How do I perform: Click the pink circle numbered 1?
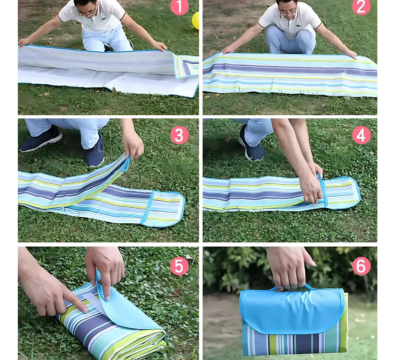179,7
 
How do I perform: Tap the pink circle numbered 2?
361,7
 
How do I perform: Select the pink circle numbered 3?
179,135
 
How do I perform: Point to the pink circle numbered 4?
361,135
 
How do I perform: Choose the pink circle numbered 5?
179,266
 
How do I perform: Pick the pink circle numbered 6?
361,266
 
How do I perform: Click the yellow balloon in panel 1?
195,20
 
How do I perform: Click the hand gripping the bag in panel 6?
289,267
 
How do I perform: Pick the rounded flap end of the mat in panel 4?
343,192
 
